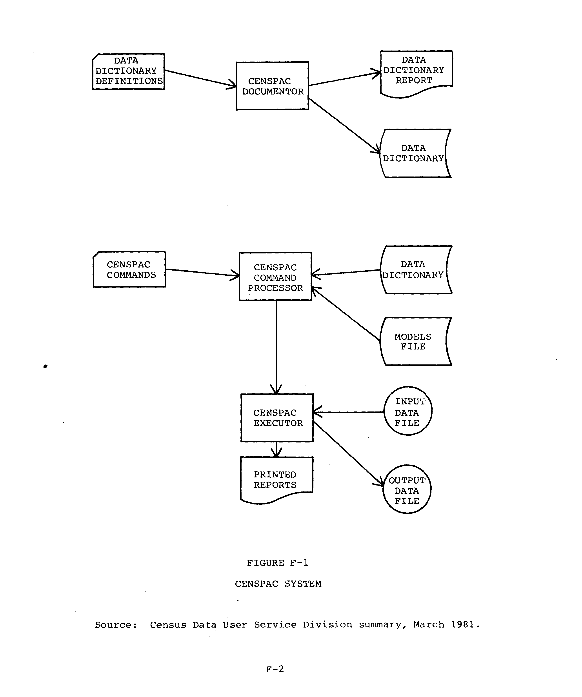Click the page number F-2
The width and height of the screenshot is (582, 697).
[275, 669]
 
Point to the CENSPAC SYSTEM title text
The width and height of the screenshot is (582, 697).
[278, 584]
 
